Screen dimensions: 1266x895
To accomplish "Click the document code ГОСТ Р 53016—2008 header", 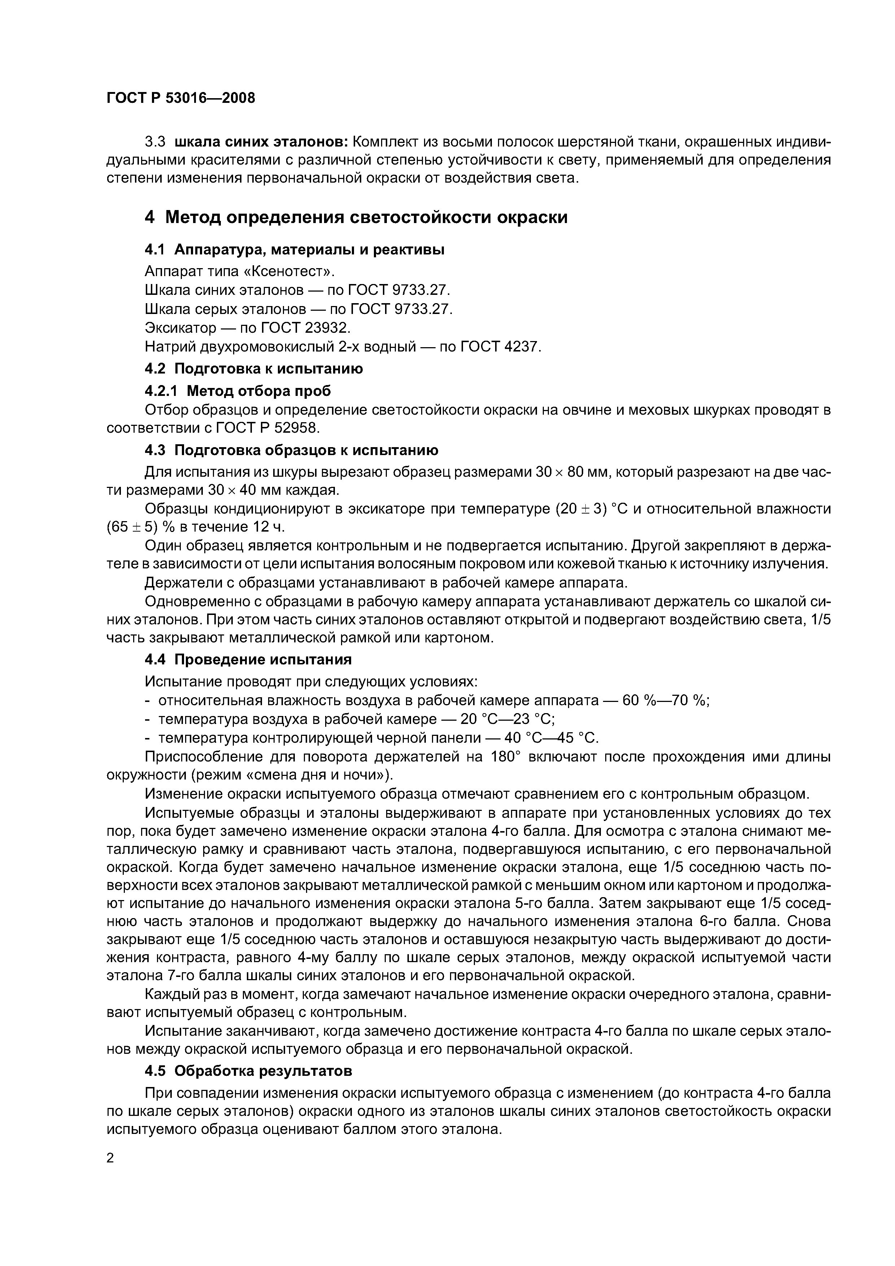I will pyautogui.click(x=181, y=98).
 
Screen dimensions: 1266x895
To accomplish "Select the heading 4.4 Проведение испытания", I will pyautogui.click(x=248, y=660).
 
